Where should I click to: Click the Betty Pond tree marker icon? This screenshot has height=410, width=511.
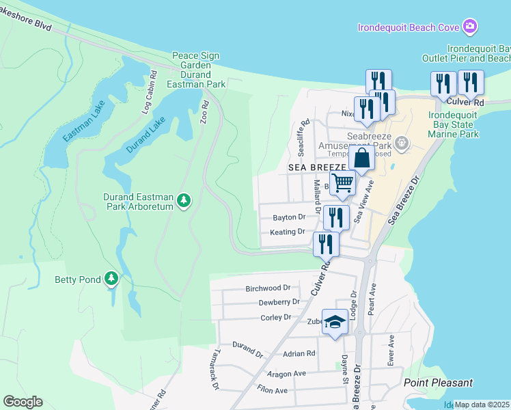(111, 279)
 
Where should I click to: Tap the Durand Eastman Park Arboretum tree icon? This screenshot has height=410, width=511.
(183, 200)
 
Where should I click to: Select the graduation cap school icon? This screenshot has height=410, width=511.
(335, 322)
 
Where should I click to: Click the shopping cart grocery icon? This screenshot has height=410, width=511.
(342, 182)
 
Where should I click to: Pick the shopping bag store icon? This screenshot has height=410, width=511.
(361, 158)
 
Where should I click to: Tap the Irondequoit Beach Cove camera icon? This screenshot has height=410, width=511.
(469, 27)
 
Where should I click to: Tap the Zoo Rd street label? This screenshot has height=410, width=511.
(204, 113)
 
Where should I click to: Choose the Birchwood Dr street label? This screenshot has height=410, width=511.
(268, 288)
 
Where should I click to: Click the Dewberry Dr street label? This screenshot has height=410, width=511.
(279, 302)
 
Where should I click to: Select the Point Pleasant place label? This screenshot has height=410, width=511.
(437, 383)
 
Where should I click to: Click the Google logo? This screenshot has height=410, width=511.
(23, 402)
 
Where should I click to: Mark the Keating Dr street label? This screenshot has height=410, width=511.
(287, 232)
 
